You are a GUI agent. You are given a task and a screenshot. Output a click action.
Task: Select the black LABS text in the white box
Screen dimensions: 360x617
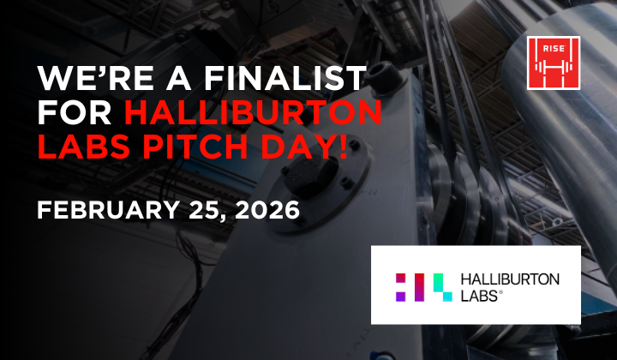480,294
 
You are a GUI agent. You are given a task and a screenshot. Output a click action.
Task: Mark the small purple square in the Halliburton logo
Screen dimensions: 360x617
399,295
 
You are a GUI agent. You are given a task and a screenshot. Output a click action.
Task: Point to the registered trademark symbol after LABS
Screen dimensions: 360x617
501,291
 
